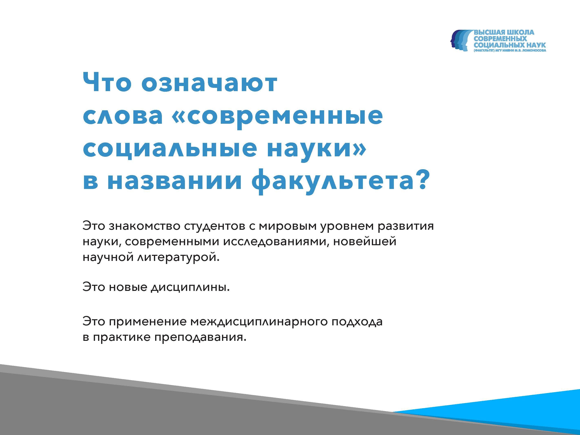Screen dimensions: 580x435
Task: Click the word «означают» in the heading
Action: point(209,83)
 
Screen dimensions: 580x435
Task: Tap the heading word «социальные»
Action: point(170,148)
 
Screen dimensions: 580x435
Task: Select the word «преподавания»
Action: point(200,337)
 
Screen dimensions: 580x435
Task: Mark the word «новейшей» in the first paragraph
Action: point(365,242)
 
